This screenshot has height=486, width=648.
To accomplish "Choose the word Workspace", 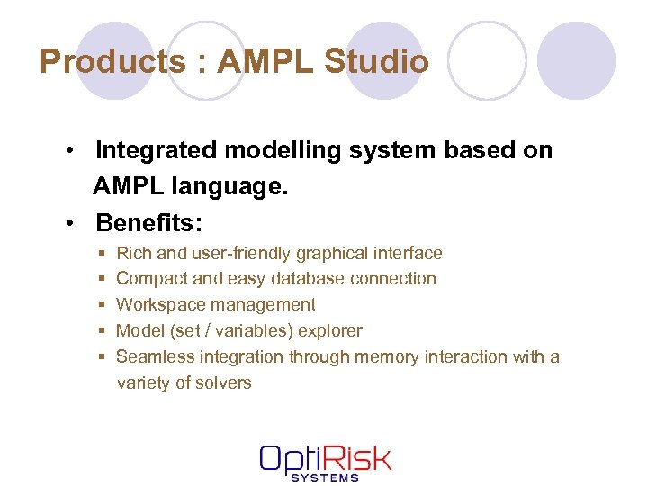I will pos(158,305).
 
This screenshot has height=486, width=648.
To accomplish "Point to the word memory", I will pos(385,356).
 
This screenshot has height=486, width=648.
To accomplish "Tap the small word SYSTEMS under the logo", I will pos(325,477).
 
